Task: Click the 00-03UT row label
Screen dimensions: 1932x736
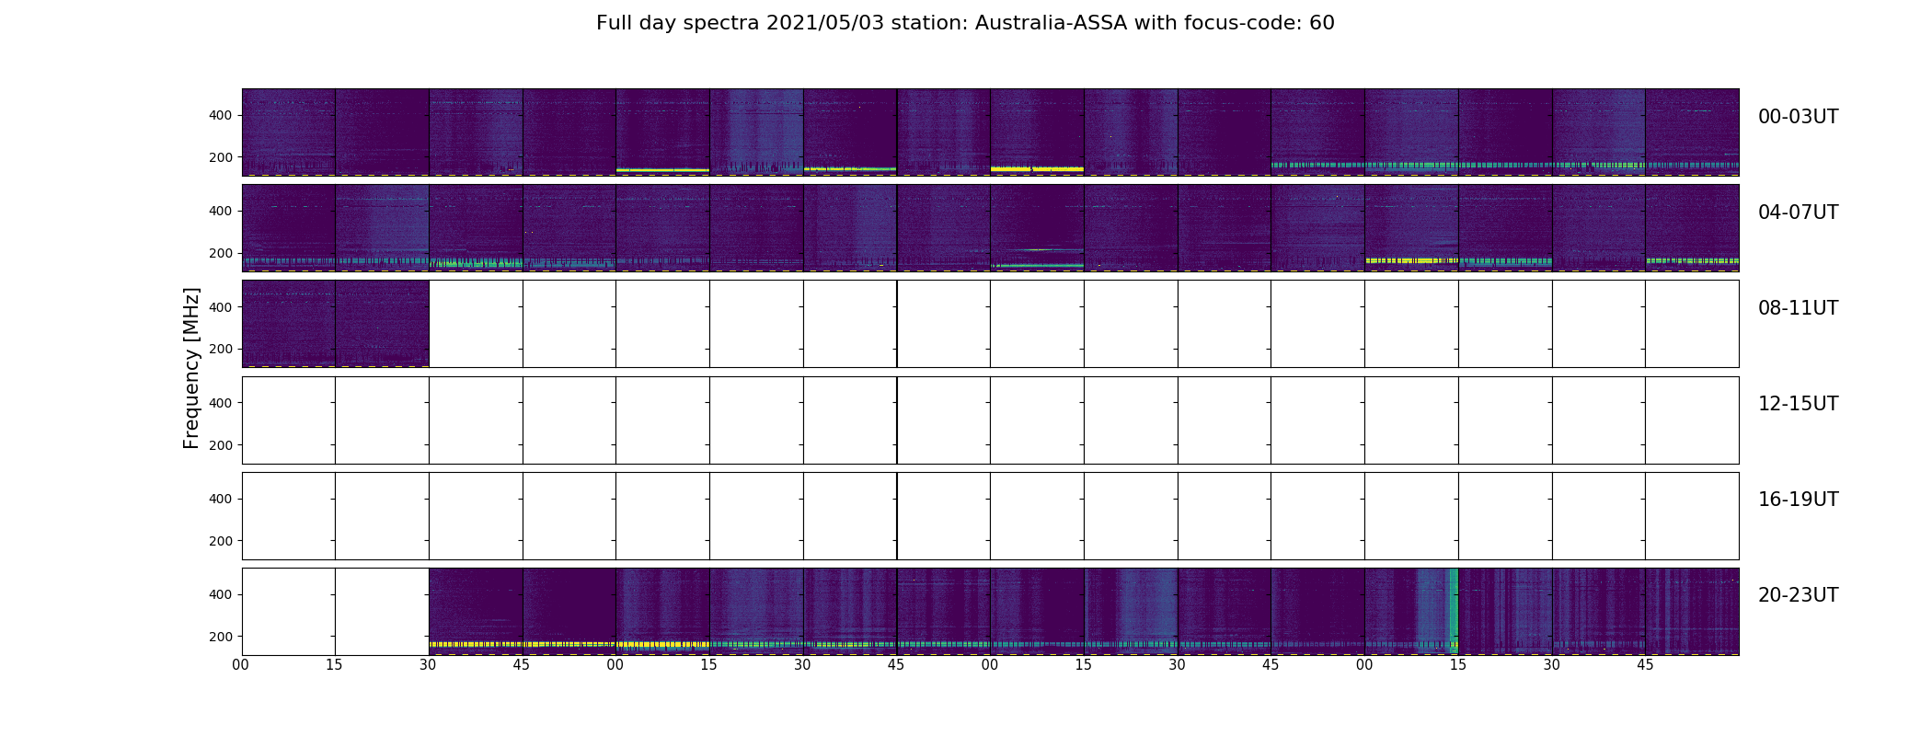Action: tap(1798, 117)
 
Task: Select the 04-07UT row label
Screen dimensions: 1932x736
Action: tap(1798, 213)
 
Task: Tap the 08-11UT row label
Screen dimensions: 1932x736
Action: tap(1798, 308)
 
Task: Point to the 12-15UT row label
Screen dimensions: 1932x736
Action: tap(1798, 404)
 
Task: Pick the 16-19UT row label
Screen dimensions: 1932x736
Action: tap(1798, 500)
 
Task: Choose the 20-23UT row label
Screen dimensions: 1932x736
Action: tap(1798, 595)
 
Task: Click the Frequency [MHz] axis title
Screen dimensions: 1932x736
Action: tap(191, 368)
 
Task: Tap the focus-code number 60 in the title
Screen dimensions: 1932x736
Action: tap(1322, 23)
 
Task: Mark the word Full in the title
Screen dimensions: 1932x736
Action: tap(614, 23)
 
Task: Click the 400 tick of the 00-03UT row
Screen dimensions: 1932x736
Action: tap(221, 115)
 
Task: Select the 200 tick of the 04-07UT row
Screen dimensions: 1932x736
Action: tap(221, 253)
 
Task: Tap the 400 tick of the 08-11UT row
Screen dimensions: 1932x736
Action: tap(221, 307)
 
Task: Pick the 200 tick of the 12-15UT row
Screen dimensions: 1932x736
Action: tap(221, 445)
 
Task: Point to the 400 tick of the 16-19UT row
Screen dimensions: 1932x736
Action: tap(221, 499)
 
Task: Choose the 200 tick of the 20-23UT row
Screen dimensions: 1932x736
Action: tap(221, 637)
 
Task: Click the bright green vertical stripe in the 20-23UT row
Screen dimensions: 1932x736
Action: tap(1454, 611)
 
